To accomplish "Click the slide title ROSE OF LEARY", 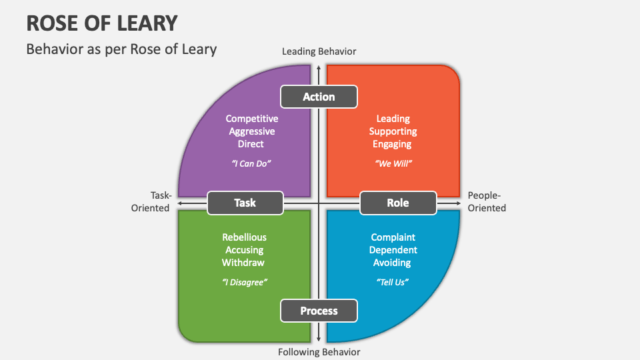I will tap(102, 23).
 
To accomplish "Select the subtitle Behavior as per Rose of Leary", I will tap(121, 49).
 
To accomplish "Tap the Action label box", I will tap(319, 97).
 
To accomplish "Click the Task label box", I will tap(245, 203).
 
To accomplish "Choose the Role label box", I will tap(398, 203).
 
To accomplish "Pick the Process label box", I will tap(319, 311).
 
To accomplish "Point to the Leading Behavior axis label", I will tap(319, 51).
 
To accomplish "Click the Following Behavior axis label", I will tap(319, 352).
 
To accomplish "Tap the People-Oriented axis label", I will tap(487, 201).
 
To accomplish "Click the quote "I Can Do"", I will tap(251, 163).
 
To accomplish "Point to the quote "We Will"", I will tap(393, 163).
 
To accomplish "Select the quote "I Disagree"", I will tap(244, 282).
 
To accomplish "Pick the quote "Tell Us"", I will tap(393, 282).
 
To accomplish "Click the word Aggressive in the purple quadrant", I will tap(251, 131).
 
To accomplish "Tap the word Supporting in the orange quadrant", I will tap(393, 131).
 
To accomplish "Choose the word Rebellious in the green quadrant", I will tap(244, 237).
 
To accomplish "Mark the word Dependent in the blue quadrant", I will tap(393, 250).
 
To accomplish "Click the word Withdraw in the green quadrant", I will tap(244, 263).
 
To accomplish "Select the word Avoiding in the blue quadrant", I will tap(393, 263).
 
